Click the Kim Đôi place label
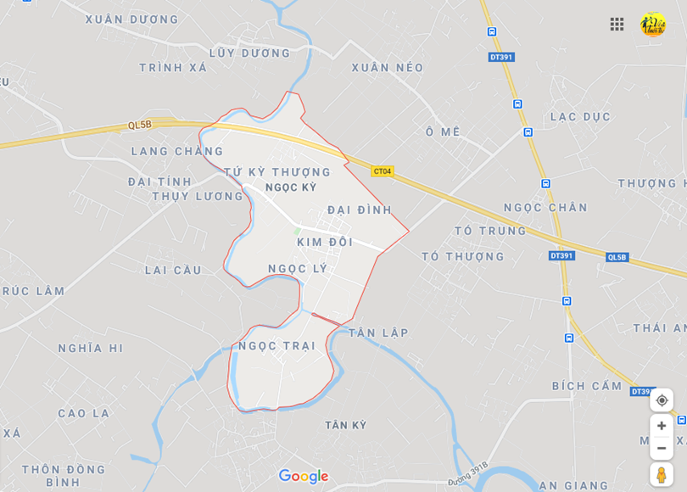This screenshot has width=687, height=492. [x=325, y=242]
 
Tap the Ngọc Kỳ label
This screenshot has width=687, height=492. [x=291, y=187]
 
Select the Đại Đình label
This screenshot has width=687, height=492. [x=360, y=210]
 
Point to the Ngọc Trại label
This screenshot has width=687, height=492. [x=276, y=346]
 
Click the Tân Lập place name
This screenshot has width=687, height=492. [x=378, y=333]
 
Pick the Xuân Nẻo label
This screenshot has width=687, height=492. [x=387, y=67]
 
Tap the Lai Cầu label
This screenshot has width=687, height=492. [x=173, y=270]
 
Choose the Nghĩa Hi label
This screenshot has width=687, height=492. [x=91, y=348]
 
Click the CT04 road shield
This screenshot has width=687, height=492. [x=383, y=171]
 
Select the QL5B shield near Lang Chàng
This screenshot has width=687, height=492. [x=140, y=125]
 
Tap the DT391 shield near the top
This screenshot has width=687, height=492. [x=501, y=57]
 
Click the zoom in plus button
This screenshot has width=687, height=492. [x=662, y=426]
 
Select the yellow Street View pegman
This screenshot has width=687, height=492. [x=662, y=474]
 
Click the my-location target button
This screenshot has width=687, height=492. [x=662, y=400]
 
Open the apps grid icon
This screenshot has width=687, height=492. [x=617, y=24]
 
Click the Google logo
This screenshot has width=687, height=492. [x=303, y=476]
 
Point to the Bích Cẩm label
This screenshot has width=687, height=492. [x=587, y=386]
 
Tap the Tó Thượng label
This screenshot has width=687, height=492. [x=463, y=256]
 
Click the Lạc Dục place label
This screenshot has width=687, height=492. [x=580, y=116]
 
